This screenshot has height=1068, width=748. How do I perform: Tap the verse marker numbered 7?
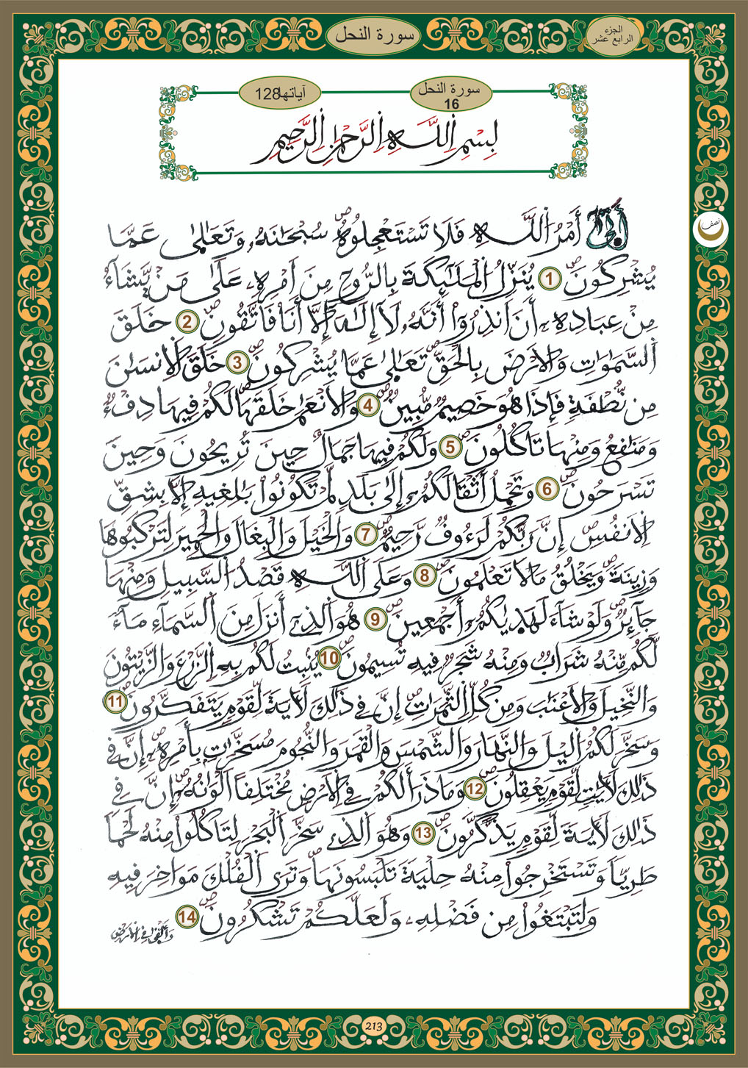pos(363,532)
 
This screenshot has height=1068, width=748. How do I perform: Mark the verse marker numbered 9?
pos(375,618)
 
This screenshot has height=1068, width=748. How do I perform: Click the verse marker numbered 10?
pos(331,658)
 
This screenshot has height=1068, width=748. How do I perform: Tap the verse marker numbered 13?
pos(423,833)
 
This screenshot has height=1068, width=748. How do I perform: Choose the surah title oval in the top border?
pos(374,35)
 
